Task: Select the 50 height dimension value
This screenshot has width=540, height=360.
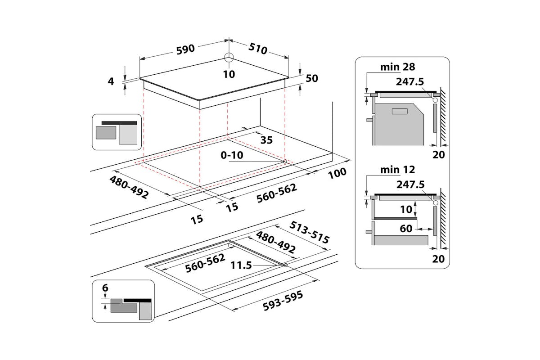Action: pos(312,78)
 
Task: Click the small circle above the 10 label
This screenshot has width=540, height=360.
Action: pos(229,58)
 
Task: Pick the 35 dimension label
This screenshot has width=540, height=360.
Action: pos(266,140)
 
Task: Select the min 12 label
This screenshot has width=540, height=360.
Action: pos(398,170)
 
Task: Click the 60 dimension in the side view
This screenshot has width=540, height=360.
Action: pos(406,229)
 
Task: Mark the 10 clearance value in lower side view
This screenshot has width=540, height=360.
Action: pos(406,209)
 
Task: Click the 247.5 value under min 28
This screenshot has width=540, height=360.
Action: pos(411,82)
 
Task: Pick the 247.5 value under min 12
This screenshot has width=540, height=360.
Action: pos(411,184)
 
